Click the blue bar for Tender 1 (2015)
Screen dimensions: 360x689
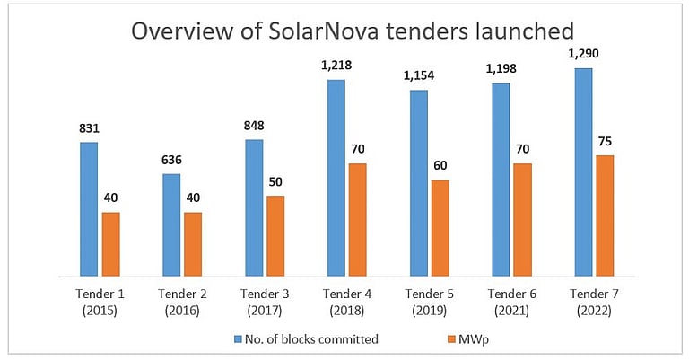(x=88, y=208)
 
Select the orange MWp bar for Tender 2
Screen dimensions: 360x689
(x=193, y=244)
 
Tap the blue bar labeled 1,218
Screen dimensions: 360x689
(x=336, y=178)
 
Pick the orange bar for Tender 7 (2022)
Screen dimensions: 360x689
(x=605, y=215)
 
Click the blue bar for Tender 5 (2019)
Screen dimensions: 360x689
(x=419, y=183)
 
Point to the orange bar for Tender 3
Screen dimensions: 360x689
(x=275, y=236)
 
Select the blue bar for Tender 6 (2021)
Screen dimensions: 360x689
(x=501, y=180)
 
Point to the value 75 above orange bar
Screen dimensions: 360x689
(x=605, y=142)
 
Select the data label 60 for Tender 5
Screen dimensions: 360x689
(x=440, y=166)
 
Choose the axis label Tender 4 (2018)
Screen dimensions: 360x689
(x=336, y=301)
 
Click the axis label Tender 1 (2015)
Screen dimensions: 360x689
(x=90, y=301)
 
